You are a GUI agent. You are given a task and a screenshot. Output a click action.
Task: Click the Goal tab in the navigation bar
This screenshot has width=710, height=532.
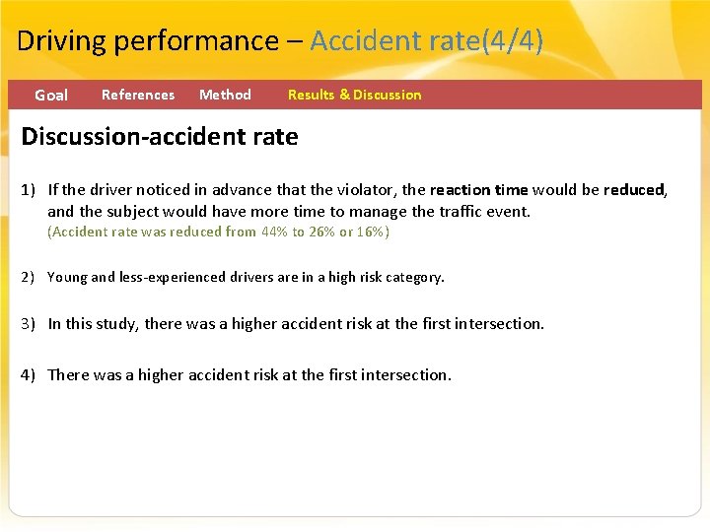pyautogui.click(x=51, y=96)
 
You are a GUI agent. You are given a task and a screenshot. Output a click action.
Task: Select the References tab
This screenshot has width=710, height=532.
pyautogui.click(x=138, y=95)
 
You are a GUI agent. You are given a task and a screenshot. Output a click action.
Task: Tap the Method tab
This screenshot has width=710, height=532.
pyautogui.click(x=225, y=95)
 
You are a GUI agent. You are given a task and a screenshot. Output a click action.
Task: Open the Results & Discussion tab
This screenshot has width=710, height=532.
pyautogui.click(x=354, y=95)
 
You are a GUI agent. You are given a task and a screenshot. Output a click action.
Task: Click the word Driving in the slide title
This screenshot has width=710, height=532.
pyautogui.click(x=61, y=41)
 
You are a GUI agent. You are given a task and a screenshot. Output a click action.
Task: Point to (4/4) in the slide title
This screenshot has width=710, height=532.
pyautogui.click(x=511, y=41)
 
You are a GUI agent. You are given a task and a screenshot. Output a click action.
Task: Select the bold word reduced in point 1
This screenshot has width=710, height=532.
pyautogui.click(x=634, y=190)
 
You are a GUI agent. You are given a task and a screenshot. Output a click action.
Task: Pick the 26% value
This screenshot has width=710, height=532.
pyautogui.click(x=321, y=233)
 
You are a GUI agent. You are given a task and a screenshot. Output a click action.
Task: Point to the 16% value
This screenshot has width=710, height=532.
pyautogui.click(x=371, y=233)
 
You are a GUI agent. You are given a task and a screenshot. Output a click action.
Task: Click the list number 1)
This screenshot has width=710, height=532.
pyautogui.click(x=31, y=190)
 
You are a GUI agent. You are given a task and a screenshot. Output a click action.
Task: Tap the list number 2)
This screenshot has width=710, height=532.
pyautogui.click(x=31, y=278)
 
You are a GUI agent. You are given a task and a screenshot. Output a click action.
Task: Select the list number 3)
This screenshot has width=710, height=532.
pyautogui.click(x=31, y=324)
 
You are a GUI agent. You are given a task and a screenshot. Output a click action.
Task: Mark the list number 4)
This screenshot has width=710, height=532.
pyautogui.click(x=31, y=375)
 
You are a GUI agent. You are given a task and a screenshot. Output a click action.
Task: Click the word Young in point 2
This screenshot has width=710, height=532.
pyautogui.click(x=67, y=278)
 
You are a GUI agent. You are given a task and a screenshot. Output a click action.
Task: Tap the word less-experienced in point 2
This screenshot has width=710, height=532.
pyautogui.click(x=172, y=278)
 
